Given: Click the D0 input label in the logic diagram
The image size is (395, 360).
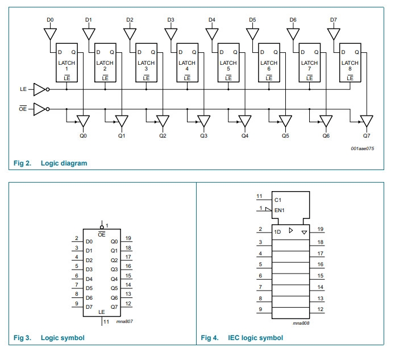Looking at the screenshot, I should tap(50, 20).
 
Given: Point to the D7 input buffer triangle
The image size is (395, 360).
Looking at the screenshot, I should tap(334, 34).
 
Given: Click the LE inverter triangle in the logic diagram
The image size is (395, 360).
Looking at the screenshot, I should tap(39, 89).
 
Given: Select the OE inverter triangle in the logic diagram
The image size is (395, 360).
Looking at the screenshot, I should tap(39, 108).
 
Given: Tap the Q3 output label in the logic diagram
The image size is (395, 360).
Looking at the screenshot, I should tap(203, 136).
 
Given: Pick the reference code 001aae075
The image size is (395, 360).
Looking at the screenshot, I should tap(362, 149).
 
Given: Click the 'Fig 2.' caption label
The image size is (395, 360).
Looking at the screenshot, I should tap(22, 163).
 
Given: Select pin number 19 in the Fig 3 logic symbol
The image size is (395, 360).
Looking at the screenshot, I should tap(128, 239).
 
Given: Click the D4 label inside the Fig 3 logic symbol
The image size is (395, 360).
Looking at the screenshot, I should tap(89, 279).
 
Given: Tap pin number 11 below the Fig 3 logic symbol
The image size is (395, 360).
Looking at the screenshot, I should tap(107, 322).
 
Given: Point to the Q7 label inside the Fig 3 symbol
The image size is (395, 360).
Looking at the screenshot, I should tap(114, 307).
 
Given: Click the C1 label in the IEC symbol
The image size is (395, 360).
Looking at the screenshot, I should tap(277, 200).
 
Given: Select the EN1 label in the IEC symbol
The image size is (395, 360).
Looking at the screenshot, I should tap(279, 210).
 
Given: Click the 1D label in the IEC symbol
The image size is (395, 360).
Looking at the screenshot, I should tap(278, 232).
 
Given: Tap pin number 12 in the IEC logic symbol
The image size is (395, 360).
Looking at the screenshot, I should tap(321, 309).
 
